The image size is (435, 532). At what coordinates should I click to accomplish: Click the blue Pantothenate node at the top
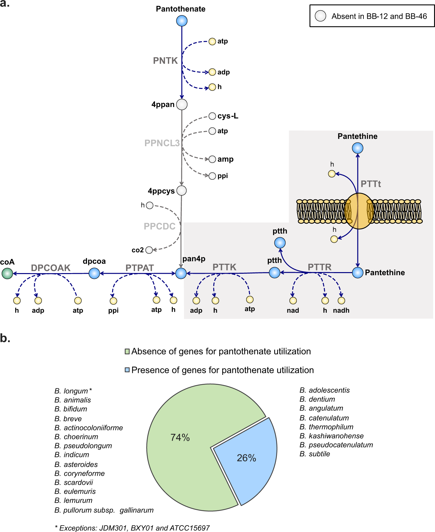[182, 21]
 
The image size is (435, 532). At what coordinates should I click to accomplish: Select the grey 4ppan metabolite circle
[182, 104]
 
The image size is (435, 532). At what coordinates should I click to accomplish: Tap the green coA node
[7, 273]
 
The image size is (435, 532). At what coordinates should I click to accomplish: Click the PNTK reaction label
[165, 61]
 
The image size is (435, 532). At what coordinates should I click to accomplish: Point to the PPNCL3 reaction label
[162, 143]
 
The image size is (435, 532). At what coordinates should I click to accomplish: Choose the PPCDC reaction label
[159, 226]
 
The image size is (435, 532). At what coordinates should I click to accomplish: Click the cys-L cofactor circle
[212, 116]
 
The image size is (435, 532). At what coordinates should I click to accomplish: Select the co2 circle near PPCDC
[149, 250]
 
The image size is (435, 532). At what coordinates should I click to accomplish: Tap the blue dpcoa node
[94, 273]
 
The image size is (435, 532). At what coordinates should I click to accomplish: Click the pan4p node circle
[181, 273]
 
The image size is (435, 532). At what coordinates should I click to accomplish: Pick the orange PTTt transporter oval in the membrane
[358, 211]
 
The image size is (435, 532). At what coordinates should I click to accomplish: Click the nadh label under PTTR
[341, 310]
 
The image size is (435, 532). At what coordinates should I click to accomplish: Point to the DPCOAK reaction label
[51, 268]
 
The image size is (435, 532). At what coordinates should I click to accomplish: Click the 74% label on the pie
[180, 437]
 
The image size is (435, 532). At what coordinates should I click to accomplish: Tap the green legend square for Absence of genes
[127, 351]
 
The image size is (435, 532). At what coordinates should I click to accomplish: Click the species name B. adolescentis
[324, 390]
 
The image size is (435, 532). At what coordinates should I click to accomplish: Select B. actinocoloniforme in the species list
[89, 428]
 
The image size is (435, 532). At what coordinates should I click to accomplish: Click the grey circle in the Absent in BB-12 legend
[320, 16]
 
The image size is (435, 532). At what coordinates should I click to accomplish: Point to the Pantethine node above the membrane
[357, 148]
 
